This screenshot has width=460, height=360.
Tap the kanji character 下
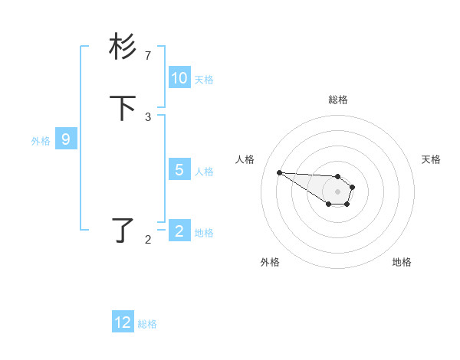(x=123, y=109)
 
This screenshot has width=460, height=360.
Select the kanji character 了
(x=123, y=230)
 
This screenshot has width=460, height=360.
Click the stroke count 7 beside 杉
(x=148, y=56)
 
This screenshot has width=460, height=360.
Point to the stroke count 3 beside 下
(x=148, y=117)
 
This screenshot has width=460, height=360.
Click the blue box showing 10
(x=179, y=78)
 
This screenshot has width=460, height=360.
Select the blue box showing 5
(x=179, y=170)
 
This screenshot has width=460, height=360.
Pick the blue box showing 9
(x=66, y=139)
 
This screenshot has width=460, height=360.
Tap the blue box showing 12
(x=123, y=322)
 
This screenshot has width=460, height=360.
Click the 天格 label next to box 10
(x=204, y=79)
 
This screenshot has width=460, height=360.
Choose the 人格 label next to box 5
(x=204, y=171)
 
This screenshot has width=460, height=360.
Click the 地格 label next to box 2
(x=204, y=233)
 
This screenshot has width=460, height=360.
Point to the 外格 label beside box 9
(x=41, y=141)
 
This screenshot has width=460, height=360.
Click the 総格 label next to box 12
(x=147, y=324)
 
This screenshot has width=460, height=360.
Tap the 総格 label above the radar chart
(x=337, y=100)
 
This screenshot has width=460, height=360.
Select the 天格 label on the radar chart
(x=431, y=159)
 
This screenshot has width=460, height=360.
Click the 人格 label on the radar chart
(x=245, y=159)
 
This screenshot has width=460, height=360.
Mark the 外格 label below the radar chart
(x=270, y=262)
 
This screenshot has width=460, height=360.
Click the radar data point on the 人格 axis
(x=279, y=172)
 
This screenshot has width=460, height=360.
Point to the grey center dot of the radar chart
(x=337, y=191)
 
